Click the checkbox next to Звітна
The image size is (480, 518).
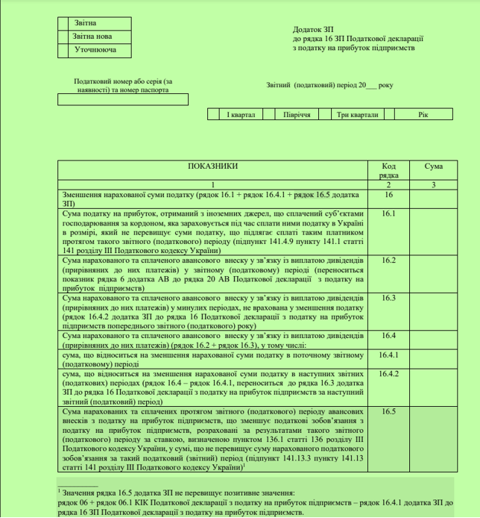63,23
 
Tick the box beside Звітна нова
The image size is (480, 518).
63,37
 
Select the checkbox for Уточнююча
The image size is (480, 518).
63,50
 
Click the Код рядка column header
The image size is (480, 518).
388,169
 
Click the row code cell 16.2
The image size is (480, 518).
388,260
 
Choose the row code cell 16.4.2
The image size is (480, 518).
388,374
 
